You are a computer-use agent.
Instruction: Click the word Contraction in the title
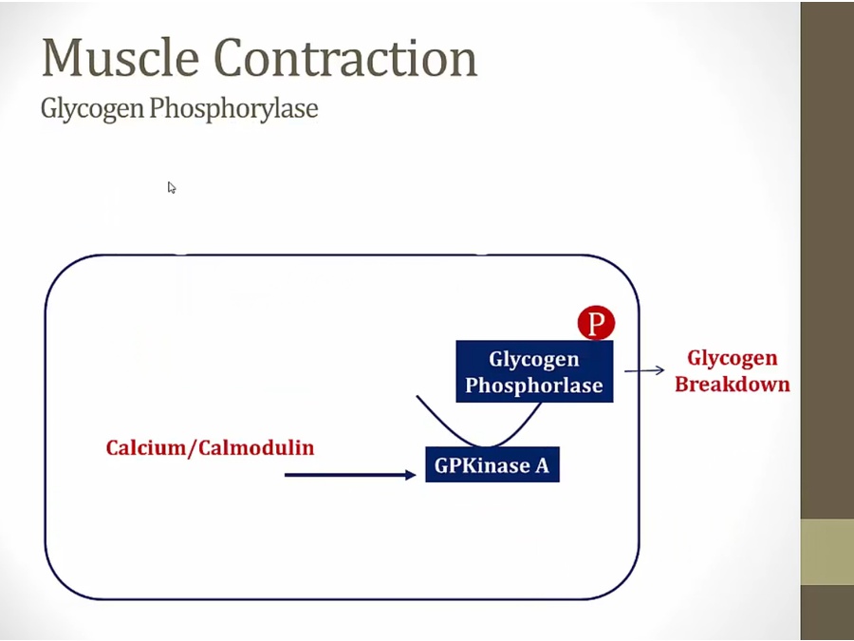click(x=348, y=58)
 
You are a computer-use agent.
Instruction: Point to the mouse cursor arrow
click(x=172, y=187)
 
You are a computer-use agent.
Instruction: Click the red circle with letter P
click(x=596, y=324)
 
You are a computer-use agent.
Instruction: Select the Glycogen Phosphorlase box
click(x=534, y=371)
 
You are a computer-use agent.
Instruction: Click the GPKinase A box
click(x=492, y=465)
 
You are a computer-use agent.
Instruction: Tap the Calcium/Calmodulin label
click(x=210, y=447)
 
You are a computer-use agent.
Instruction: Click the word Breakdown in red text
click(x=732, y=385)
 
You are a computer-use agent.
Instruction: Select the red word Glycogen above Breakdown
click(x=732, y=358)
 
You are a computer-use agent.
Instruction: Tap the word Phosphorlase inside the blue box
click(x=534, y=386)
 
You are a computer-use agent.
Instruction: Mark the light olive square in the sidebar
click(x=826, y=551)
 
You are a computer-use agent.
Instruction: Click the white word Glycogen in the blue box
click(x=534, y=359)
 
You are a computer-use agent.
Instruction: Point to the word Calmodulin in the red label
click(x=255, y=447)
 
